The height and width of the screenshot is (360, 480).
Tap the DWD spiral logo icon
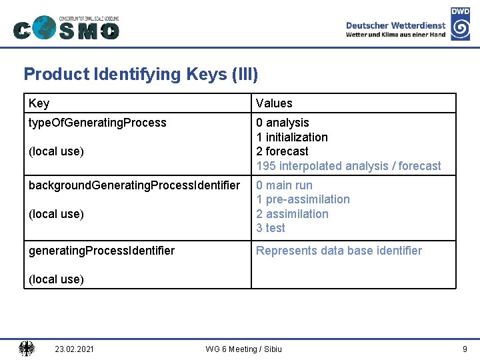(460, 29)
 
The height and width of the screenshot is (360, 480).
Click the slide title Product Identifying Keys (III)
(141, 74)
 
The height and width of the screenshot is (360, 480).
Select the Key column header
(39, 103)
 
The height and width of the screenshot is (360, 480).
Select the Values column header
(274, 103)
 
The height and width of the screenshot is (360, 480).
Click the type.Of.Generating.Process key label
(97, 123)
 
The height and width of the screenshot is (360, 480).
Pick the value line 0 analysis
(283, 123)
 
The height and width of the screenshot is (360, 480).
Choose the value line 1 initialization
(292, 137)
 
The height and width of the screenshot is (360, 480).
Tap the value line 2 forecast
(282, 151)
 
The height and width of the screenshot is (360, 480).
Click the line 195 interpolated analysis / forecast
(349, 166)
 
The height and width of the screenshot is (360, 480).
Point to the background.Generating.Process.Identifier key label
(134, 185)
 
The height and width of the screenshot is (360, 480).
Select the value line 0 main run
(284, 185)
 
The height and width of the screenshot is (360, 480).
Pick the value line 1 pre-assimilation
(303, 199)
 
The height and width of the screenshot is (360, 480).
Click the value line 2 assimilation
(292, 214)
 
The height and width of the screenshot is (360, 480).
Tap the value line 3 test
(271, 228)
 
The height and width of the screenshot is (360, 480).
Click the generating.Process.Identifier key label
(101, 251)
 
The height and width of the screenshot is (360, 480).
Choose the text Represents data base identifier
(339, 251)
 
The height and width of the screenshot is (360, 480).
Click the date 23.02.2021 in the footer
(75, 349)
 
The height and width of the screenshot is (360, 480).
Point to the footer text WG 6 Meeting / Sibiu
(243, 349)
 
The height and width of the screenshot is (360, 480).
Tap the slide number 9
(465, 349)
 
